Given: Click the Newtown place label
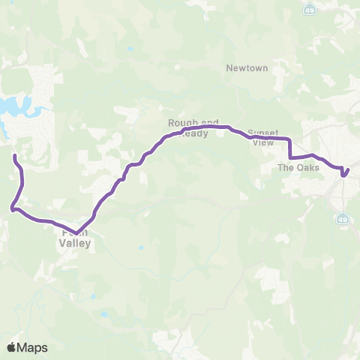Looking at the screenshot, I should pyautogui.click(x=247, y=67).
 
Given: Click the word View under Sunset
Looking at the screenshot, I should pyautogui.click(x=263, y=142).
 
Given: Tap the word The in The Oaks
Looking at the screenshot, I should pyautogui.click(x=285, y=167).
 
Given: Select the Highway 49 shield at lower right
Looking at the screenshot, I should pyautogui.click(x=342, y=219).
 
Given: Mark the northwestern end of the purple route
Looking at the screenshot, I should pyautogui.click(x=15, y=156).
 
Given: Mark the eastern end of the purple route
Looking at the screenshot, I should pyautogui.click(x=346, y=175).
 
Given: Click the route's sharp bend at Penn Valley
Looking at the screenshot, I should pyautogui.click(x=76, y=232).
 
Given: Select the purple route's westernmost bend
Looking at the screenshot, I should pyautogui.click(x=11, y=209).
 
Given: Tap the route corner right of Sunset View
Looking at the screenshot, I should pyautogui.click(x=289, y=139).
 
